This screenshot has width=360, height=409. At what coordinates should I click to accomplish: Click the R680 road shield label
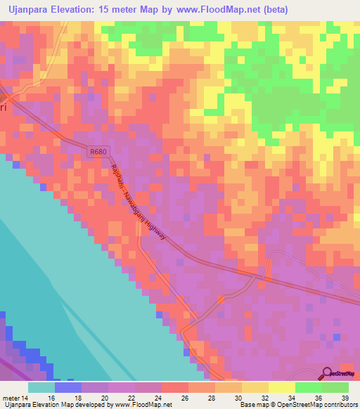(x=99, y=152)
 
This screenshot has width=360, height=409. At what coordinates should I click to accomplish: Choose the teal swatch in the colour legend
(x=41, y=387)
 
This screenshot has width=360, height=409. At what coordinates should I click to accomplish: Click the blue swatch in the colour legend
(x=68, y=387)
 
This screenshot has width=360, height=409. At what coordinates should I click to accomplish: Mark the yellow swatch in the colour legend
(x=282, y=387)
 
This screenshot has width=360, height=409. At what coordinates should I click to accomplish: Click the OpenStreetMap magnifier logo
(x=327, y=373)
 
